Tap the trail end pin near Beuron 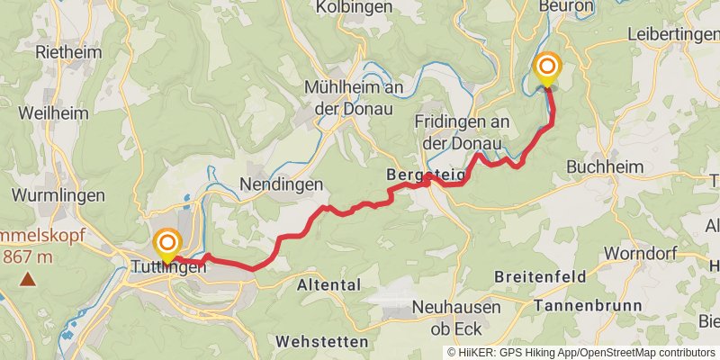point(546,68)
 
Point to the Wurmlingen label point(58,194)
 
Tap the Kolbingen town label point(354,6)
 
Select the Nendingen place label point(282,184)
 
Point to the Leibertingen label point(674,33)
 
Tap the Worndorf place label point(639,253)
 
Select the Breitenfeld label point(540,275)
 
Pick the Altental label point(328,284)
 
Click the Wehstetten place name point(322,342)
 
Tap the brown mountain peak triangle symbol point(28,280)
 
